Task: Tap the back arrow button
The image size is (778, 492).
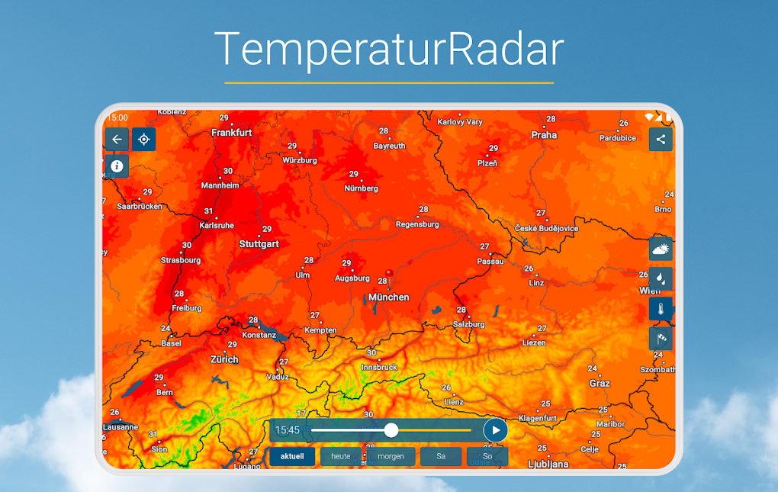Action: tap(117, 139)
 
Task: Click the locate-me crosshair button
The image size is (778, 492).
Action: tap(143, 139)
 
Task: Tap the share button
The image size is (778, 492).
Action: tap(661, 139)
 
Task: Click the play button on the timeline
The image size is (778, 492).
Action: tap(496, 430)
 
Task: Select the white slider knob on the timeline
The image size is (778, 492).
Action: tap(391, 430)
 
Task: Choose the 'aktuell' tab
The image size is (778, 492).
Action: tap(291, 456)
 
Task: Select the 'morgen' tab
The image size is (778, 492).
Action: tap(391, 456)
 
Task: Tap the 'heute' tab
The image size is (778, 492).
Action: tap(341, 456)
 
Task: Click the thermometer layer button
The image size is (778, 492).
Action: tap(661, 309)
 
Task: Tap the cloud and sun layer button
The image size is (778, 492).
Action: tap(661, 249)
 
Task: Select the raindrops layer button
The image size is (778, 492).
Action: tap(661, 278)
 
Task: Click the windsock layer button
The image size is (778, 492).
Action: tap(661, 338)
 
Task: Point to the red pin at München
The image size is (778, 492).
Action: tap(389, 273)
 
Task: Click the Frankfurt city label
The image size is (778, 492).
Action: tap(232, 133)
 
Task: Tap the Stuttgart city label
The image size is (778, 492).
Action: tap(259, 244)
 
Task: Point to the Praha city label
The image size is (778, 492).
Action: tap(545, 135)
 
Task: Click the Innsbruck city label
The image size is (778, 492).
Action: tap(379, 367)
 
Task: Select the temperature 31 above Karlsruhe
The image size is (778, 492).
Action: tap(209, 211)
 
